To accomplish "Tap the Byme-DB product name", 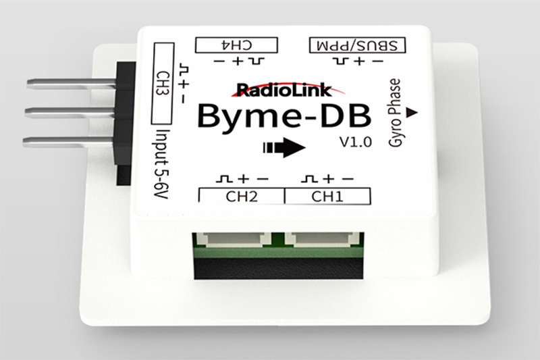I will (x=284, y=115).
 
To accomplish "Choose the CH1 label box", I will (x=327, y=197).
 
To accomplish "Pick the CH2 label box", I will (x=242, y=197).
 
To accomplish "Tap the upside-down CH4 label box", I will (x=236, y=45).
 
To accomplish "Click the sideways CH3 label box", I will (x=163, y=82).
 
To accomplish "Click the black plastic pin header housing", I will (x=124, y=122).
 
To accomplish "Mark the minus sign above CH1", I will (x=347, y=179).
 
